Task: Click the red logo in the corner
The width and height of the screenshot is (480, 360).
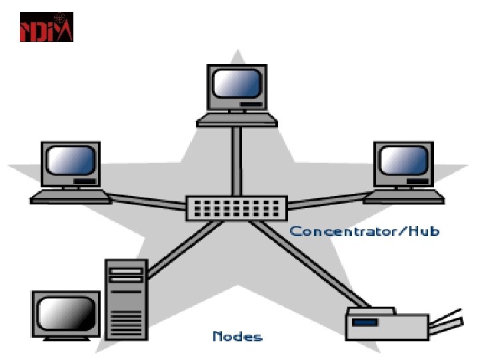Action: coord(47,27)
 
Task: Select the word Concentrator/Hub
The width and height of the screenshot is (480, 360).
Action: coord(364,231)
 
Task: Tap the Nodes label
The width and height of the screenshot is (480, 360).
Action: coord(237,336)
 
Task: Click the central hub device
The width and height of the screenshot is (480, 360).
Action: coord(236,207)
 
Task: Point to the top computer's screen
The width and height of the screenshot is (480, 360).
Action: coord(235,84)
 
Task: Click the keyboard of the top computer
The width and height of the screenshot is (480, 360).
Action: coord(237,119)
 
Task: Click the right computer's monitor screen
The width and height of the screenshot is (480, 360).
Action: coord(403,161)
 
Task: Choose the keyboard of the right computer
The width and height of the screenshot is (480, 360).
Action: coord(404,196)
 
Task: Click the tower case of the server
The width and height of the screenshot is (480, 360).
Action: coord(125,300)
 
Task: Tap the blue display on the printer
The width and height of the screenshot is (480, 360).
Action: coord(365,322)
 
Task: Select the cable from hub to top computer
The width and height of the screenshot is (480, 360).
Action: coord(236,160)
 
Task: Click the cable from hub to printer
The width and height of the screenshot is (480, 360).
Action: coord(307,263)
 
